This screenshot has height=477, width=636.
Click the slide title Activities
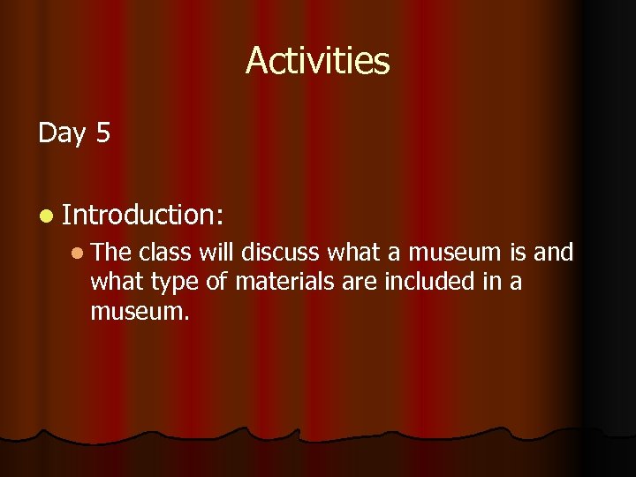pyautogui.click(x=317, y=61)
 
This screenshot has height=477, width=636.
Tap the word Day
pyautogui.click(x=62, y=132)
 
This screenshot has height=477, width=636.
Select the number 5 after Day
pyautogui.click(x=102, y=132)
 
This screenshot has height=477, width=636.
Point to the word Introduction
pyautogui.click(x=144, y=214)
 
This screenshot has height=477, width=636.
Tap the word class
pyautogui.click(x=165, y=254)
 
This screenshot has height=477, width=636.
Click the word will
pyautogui.click(x=216, y=254)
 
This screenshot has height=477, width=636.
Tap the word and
pyautogui.click(x=555, y=254)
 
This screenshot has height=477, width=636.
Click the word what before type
pyautogui.click(x=117, y=282)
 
